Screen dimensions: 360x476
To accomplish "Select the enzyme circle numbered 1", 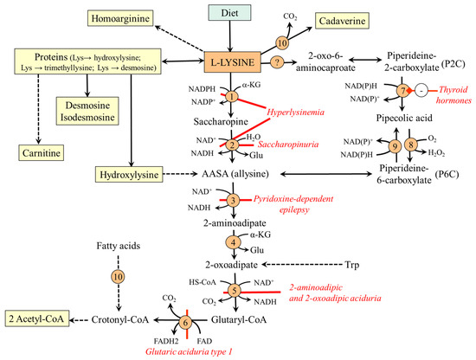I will tap(232, 98).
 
